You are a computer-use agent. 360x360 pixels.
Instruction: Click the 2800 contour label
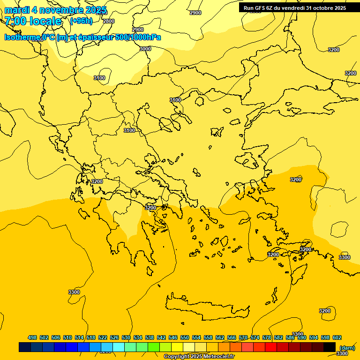pos(108,21)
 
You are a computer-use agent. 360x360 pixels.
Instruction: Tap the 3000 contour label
pos(145,49)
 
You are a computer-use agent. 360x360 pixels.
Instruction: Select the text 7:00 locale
pos(33,21)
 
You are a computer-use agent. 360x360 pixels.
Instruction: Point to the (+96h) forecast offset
pos(81,21)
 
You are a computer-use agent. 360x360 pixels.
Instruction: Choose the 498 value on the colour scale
pos(32,337)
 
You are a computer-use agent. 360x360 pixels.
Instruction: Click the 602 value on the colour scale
pos(337,337)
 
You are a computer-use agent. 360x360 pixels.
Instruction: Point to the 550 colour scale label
pos(185,337)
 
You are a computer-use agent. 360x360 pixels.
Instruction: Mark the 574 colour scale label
pos(255,337)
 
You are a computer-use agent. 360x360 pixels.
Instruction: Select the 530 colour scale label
pos(126,337)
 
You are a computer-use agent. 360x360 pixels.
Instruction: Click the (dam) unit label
pos(347,348)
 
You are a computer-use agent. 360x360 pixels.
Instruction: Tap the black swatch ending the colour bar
pos(330,347)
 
